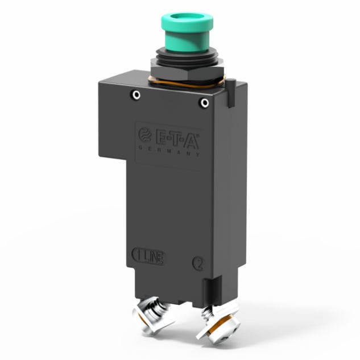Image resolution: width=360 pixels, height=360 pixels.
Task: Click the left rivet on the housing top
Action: click(135, 95)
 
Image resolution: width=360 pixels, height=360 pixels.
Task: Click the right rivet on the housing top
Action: click(204, 103)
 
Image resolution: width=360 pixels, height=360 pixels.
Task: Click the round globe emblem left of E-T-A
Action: click(144, 135)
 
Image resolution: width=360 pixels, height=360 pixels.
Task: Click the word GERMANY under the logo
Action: click(169, 150)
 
